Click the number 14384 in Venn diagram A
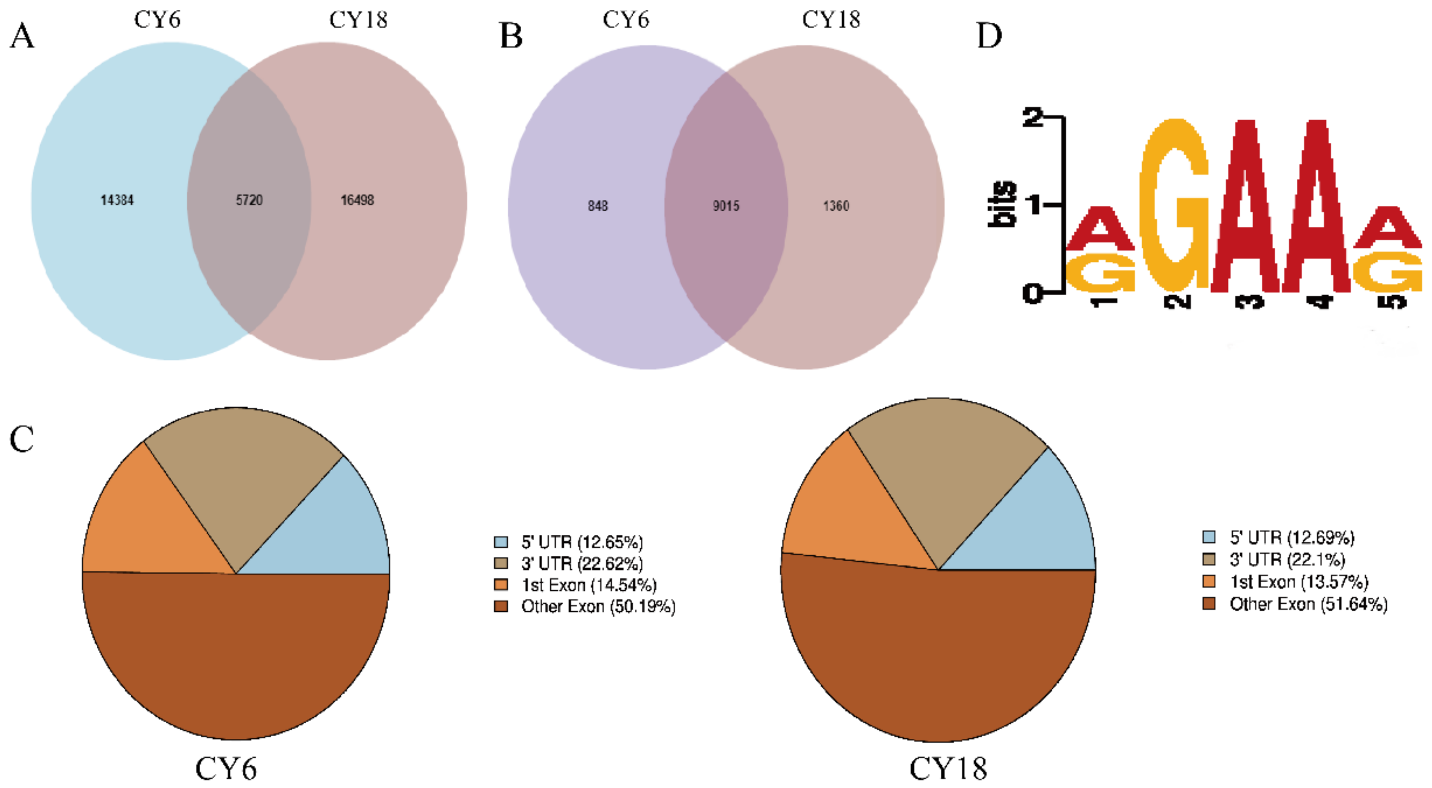[117, 200]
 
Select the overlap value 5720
[249, 200]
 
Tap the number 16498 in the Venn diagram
[357, 200]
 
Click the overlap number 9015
[726, 206]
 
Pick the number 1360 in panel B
[836, 206]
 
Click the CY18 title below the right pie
[948, 769]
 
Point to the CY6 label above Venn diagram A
[157, 20]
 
